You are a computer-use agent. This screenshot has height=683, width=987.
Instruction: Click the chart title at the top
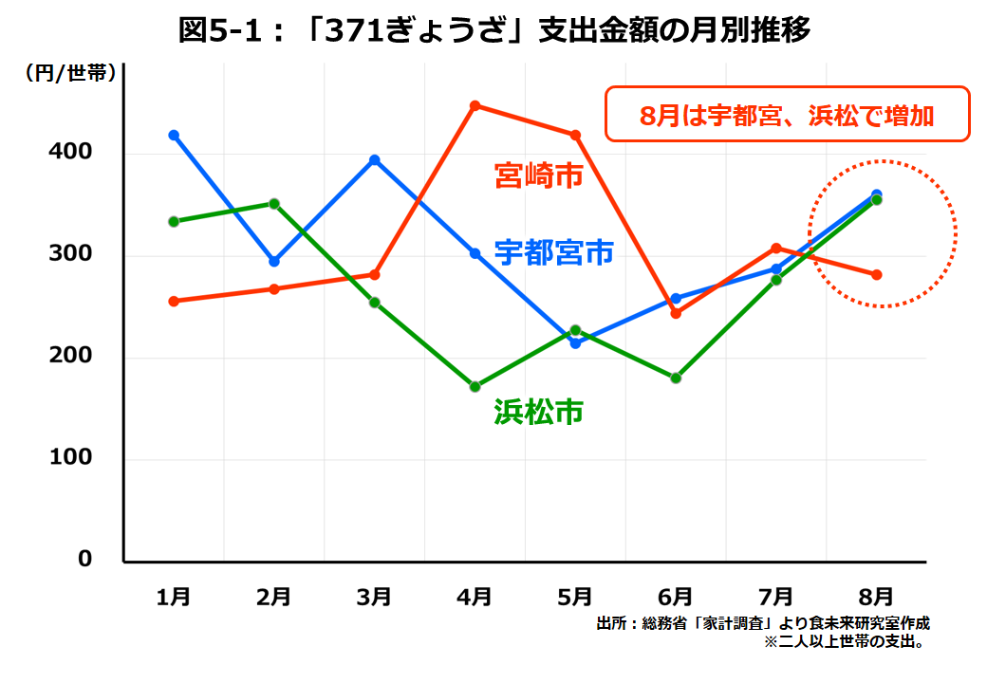[x=494, y=31]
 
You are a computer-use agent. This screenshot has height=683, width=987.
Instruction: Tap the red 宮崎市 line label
[x=538, y=175]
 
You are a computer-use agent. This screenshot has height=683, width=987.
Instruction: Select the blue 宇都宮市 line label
[x=554, y=252]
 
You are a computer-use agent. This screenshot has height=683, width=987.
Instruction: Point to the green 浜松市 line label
[x=538, y=411]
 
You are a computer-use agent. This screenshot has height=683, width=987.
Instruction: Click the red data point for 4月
[x=475, y=105]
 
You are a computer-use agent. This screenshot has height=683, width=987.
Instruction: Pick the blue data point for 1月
[x=174, y=135]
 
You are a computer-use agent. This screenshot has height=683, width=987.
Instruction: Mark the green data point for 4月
[x=475, y=387]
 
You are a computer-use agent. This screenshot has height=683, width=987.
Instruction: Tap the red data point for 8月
[x=877, y=275]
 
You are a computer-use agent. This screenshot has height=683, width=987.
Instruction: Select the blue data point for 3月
[x=375, y=160]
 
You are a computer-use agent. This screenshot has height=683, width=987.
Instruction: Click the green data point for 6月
[x=676, y=378]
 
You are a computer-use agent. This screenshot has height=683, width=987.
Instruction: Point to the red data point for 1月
[x=174, y=302]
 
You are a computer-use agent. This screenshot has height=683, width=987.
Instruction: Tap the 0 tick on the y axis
[x=85, y=560]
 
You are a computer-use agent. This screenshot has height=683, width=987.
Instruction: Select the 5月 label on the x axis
[x=575, y=597]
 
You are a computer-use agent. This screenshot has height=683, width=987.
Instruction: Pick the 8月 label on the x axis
[x=877, y=597]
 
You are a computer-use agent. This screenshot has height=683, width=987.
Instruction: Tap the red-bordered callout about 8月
[x=787, y=115]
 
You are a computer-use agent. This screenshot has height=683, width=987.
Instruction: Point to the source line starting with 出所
[x=763, y=623]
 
